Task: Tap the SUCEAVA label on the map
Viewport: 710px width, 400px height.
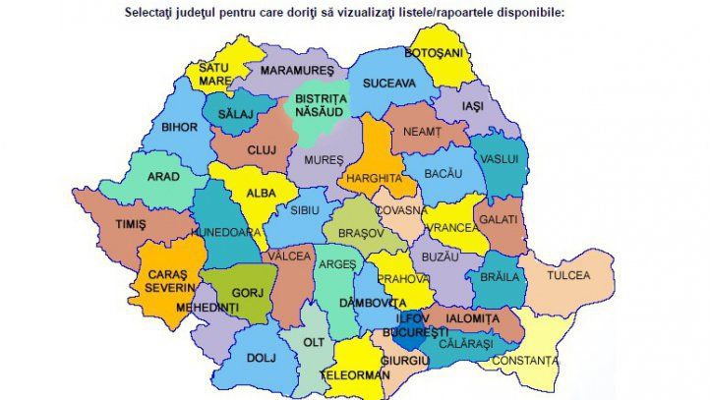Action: [x=388, y=84]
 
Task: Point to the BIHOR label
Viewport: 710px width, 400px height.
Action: [x=181, y=127]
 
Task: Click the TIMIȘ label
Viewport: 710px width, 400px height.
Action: [x=130, y=224]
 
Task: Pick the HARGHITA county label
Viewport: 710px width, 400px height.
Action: [x=376, y=179]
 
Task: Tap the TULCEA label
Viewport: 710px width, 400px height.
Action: [x=568, y=276]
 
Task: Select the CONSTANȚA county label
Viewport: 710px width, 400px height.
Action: [x=524, y=361]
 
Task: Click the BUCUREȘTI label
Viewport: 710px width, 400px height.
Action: [x=408, y=333]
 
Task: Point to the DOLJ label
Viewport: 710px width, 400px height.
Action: [x=261, y=358]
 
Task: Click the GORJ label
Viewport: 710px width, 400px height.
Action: [x=245, y=293]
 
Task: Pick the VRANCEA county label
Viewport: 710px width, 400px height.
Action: [x=452, y=226]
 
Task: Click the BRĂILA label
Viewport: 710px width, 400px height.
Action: [x=500, y=277]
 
